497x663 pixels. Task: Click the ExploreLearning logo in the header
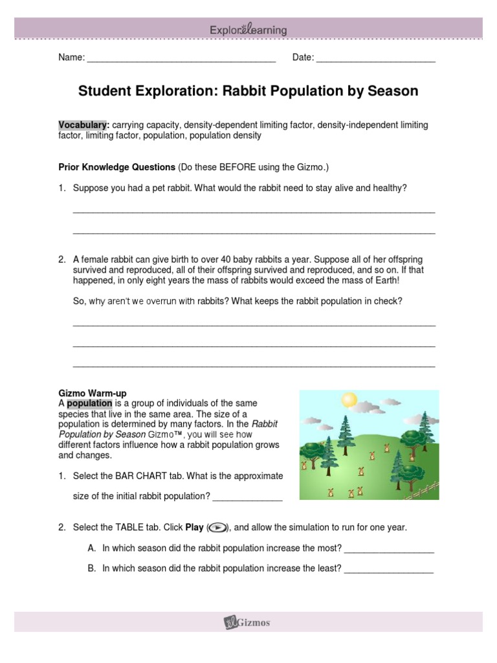(x=248, y=30)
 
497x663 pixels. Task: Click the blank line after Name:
(x=181, y=60)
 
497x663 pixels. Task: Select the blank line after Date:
(x=376, y=60)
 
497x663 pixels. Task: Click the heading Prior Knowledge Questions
(x=117, y=167)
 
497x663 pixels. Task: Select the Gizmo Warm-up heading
(x=93, y=393)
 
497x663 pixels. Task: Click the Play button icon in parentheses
(x=218, y=528)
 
